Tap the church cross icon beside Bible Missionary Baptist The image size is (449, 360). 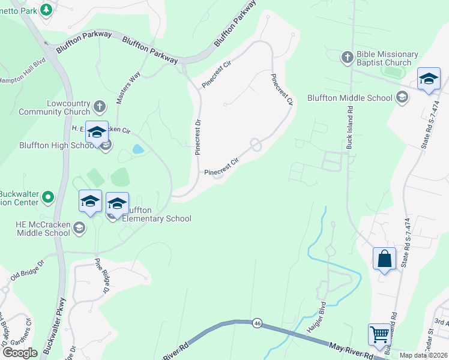(x=347, y=58)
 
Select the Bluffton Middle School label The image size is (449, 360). (x=349, y=98)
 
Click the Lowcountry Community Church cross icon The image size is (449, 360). (x=100, y=107)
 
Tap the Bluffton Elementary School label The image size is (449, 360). (x=157, y=214)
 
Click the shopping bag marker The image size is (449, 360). (x=384, y=259)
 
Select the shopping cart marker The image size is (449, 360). (x=379, y=335)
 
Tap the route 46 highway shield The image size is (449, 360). (x=257, y=323)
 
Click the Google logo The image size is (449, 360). (x=20, y=353)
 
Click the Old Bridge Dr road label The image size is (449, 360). (x=28, y=268)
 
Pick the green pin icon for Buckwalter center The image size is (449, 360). (x=49, y=197)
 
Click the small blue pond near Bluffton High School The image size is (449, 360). (x=137, y=148)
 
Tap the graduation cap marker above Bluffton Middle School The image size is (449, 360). (x=429, y=80)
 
